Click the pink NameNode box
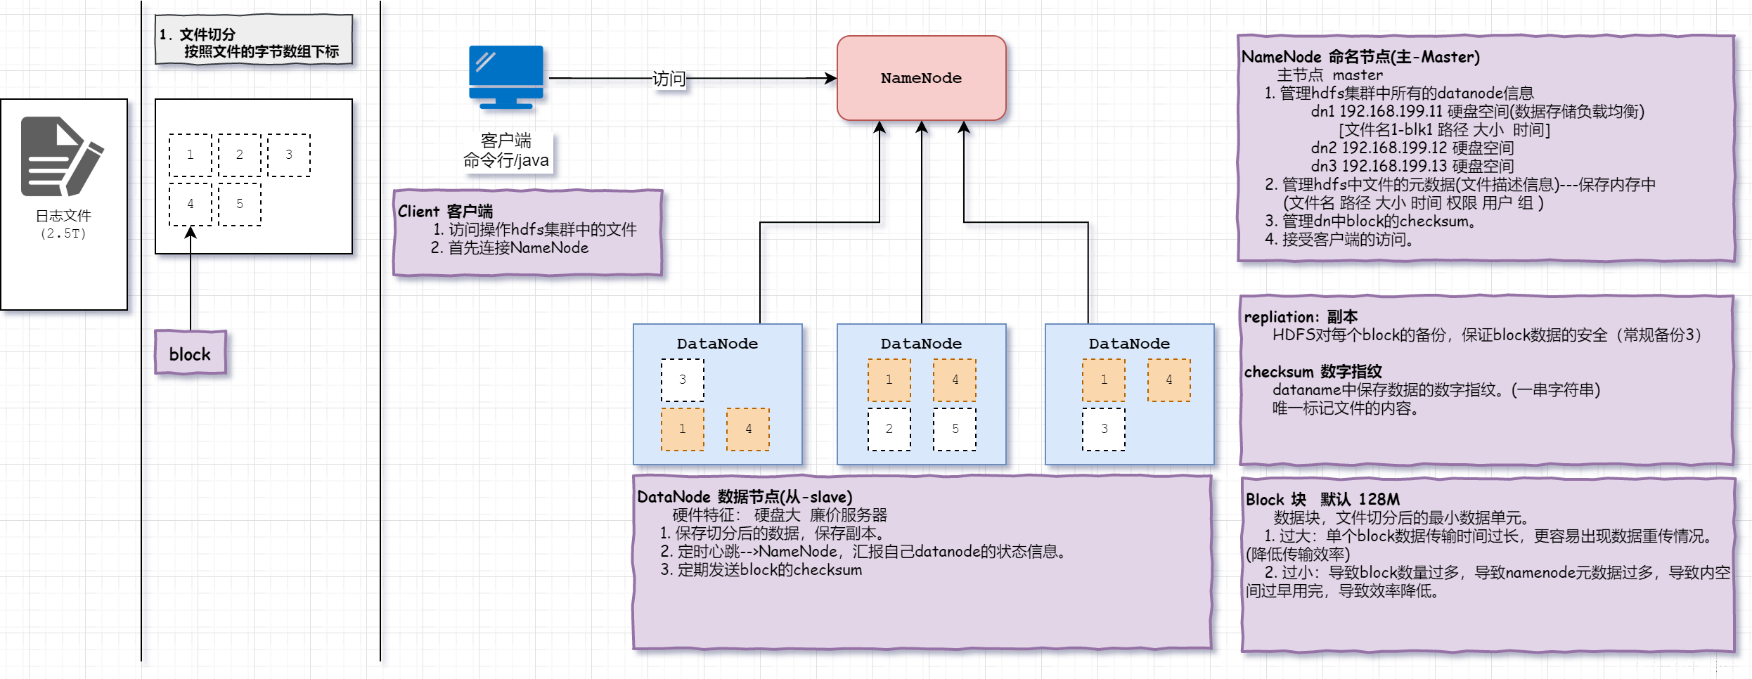(x=921, y=78)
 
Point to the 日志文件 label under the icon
(x=63, y=216)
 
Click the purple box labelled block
(x=191, y=354)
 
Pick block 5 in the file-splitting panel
(x=240, y=204)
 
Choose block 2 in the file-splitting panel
(x=240, y=155)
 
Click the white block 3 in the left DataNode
(x=682, y=380)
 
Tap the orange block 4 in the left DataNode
(x=748, y=429)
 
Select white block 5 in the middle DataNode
(x=955, y=429)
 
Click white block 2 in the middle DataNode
(x=889, y=429)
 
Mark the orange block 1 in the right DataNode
(x=1104, y=380)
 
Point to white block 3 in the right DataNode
(x=1104, y=429)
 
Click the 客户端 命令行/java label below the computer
(x=506, y=151)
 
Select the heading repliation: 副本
(x=1301, y=317)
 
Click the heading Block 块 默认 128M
(x=1322, y=500)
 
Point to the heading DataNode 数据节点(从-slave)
(x=745, y=497)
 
